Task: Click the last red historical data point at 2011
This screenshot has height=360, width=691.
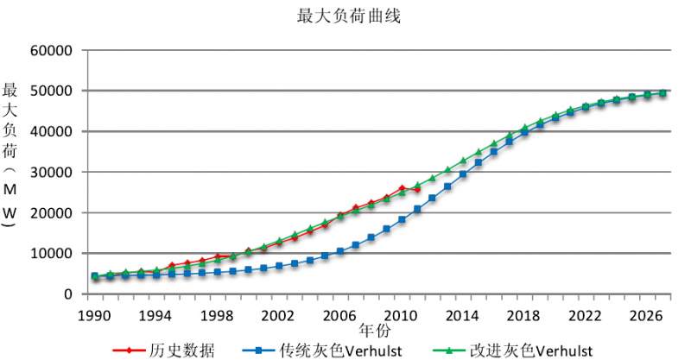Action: pos(417,189)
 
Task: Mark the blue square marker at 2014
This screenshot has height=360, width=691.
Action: pos(463,174)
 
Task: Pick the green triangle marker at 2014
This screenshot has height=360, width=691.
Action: pos(463,161)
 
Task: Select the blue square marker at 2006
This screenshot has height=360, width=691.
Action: pos(340,251)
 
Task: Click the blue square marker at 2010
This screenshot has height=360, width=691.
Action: pos(402,219)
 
